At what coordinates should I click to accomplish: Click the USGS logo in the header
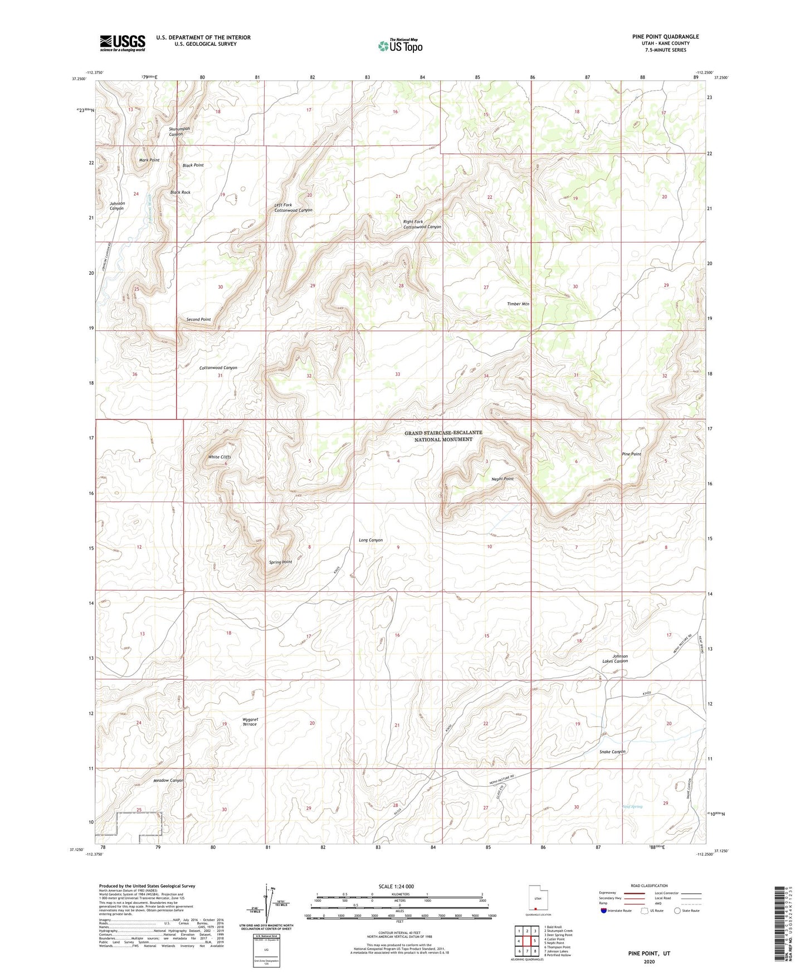click(x=123, y=42)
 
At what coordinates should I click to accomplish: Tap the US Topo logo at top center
click(x=399, y=46)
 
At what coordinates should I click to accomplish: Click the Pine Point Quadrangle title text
click(x=665, y=37)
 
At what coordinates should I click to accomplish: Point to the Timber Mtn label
click(x=518, y=304)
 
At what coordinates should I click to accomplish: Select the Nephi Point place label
click(x=502, y=479)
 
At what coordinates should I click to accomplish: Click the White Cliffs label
click(x=219, y=457)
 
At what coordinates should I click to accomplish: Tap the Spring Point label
click(x=280, y=562)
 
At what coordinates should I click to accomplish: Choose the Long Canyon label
click(x=370, y=540)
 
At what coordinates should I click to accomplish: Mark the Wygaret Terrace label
click(x=250, y=722)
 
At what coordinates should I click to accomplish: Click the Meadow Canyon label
click(x=168, y=780)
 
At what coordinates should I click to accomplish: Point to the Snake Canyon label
click(x=612, y=752)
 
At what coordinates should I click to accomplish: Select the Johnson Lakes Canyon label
click(x=615, y=659)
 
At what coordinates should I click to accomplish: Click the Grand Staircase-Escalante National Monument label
click(x=443, y=436)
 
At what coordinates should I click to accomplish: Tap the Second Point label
click(x=198, y=319)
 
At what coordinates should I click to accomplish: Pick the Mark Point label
click(x=149, y=160)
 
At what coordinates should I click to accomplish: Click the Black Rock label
click(x=180, y=192)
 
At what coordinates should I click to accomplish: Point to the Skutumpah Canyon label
click(x=179, y=132)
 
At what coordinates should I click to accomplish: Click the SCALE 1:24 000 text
click(x=396, y=886)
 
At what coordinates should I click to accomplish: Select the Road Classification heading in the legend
click(x=649, y=886)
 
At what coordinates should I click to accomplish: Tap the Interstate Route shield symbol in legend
click(x=604, y=911)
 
